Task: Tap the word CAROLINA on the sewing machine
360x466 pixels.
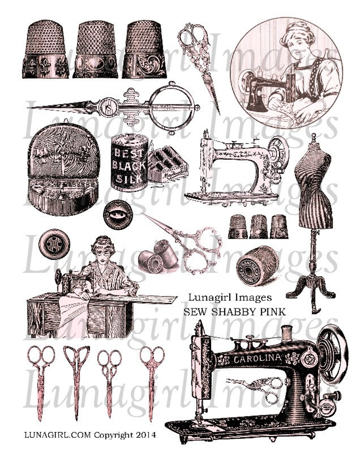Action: pyautogui.click(x=257, y=358)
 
